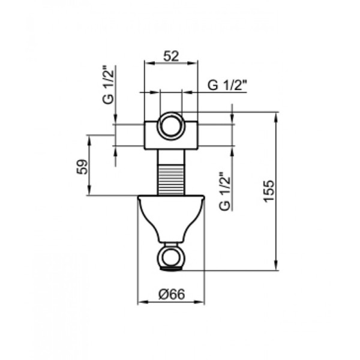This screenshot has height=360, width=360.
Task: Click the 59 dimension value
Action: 84,166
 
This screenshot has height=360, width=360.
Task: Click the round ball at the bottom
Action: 171,257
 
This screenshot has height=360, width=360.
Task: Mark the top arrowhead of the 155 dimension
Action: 275,116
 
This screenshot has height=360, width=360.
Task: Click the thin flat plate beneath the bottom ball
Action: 171,271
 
